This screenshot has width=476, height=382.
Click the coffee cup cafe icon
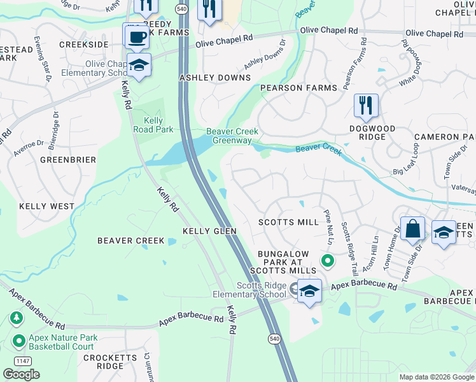(136, 36)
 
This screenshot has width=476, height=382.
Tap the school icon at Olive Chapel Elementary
(139, 64)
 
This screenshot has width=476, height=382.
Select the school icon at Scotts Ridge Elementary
(309, 291)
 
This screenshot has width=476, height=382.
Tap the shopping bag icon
(412, 229)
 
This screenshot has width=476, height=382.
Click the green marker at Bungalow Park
(328, 260)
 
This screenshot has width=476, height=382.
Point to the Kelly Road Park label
(154, 125)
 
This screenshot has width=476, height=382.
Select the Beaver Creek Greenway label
(232, 136)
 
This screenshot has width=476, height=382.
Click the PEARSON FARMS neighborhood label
(290, 88)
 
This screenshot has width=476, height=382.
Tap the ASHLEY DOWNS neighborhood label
(215, 78)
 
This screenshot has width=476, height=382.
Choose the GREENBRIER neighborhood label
(68, 159)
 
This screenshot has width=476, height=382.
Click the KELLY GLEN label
(209, 231)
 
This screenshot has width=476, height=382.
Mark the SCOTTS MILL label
(288, 222)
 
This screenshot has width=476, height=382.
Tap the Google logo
(22, 374)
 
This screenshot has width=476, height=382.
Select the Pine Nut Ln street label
(328, 227)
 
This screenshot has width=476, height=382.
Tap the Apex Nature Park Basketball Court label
(61, 343)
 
